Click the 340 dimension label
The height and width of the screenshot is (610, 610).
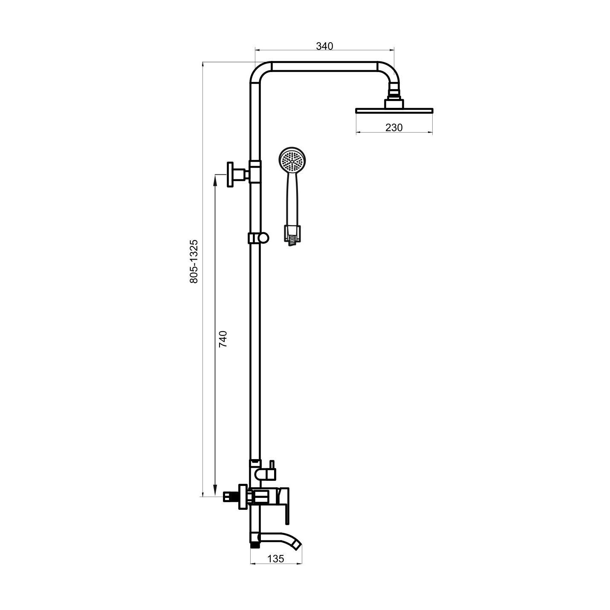click(x=324, y=46)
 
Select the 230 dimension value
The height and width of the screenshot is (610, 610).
click(x=393, y=127)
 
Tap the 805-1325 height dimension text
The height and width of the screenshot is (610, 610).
click(x=194, y=261)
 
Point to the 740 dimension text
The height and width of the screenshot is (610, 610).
click(x=223, y=338)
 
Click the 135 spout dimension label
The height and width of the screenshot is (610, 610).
click(x=276, y=559)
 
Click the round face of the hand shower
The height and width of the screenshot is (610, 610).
click(x=292, y=161)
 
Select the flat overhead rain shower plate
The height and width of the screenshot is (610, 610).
click(x=394, y=110)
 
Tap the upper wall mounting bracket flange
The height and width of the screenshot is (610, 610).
click(x=231, y=174)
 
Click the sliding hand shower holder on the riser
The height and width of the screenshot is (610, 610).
click(x=258, y=238)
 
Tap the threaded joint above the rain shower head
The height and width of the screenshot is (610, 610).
click(x=394, y=91)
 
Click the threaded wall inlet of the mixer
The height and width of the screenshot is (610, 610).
click(x=230, y=496)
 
